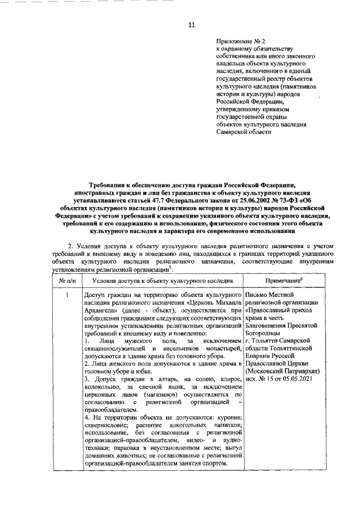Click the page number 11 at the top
(x=191, y=25)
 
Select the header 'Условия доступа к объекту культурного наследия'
(x=163, y=280)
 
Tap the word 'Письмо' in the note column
(x=258, y=294)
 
